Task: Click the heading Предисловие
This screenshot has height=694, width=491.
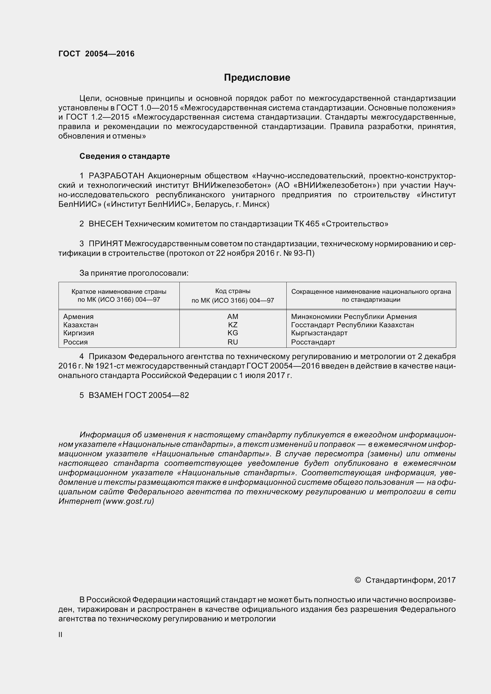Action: point(257,78)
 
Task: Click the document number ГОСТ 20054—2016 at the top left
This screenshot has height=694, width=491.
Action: point(96,54)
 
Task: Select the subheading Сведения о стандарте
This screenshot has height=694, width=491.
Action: point(125,156)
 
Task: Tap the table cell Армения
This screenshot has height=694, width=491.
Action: point(78,317)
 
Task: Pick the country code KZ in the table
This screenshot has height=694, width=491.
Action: point(233,325)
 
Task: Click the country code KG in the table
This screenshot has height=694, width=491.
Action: point(233,333)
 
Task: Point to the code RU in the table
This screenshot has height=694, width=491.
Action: point(233,342)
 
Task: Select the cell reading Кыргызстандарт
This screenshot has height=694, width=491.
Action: point(319,333)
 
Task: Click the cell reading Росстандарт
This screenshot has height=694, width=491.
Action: point(313,342)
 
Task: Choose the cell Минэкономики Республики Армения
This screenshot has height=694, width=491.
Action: point(354,317)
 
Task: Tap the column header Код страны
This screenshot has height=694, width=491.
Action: point(233,291)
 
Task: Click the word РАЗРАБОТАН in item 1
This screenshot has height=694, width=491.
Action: point(116,176)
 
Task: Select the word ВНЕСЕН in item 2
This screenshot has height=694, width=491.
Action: point(106,224)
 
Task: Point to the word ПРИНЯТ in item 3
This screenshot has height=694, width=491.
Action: point(105,244)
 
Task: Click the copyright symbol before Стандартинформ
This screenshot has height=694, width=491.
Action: point(357,580)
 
